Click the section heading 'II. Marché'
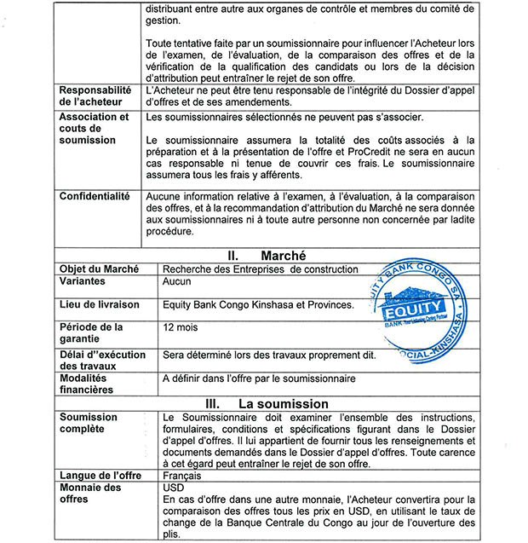[x=265, y=254]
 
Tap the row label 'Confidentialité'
[x=95, y=196]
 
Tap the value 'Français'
[x=183, y=475]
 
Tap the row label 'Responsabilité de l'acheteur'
[x=95, y=95]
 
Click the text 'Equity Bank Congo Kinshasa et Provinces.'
[x=258, y=304]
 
